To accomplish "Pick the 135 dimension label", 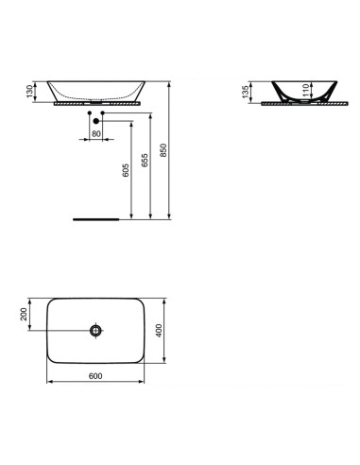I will (x=248, y=93).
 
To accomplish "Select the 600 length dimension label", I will (x=94, y=376).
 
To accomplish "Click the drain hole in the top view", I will (x=95, y=330).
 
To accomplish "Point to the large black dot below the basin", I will (x=95, y=120).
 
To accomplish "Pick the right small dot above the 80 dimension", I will (x=104, y=113).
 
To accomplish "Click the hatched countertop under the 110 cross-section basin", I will (x=295, y=105).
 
